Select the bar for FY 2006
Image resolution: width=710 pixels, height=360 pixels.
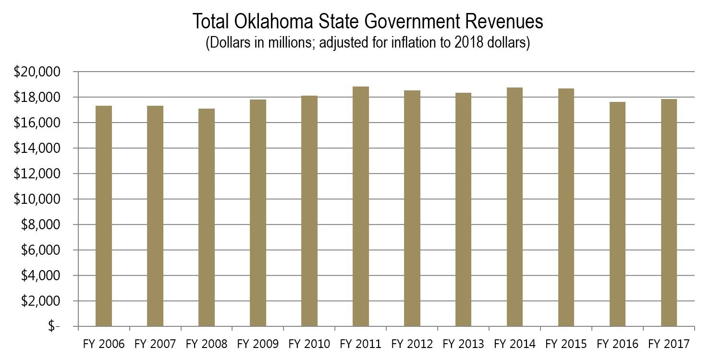(x=104, y=216)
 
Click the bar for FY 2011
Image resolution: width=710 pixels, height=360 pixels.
(x=361, y=207)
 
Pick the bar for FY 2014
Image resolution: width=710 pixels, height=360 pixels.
(x=514, y=207)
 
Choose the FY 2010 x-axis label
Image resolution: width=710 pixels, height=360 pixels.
(x=309, y=344)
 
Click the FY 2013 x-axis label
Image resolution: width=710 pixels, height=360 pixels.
(x=463, y=344)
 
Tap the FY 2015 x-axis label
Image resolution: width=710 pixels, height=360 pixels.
(x=566, y=344)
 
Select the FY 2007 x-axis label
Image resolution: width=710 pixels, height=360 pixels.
(x=155, y=344)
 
